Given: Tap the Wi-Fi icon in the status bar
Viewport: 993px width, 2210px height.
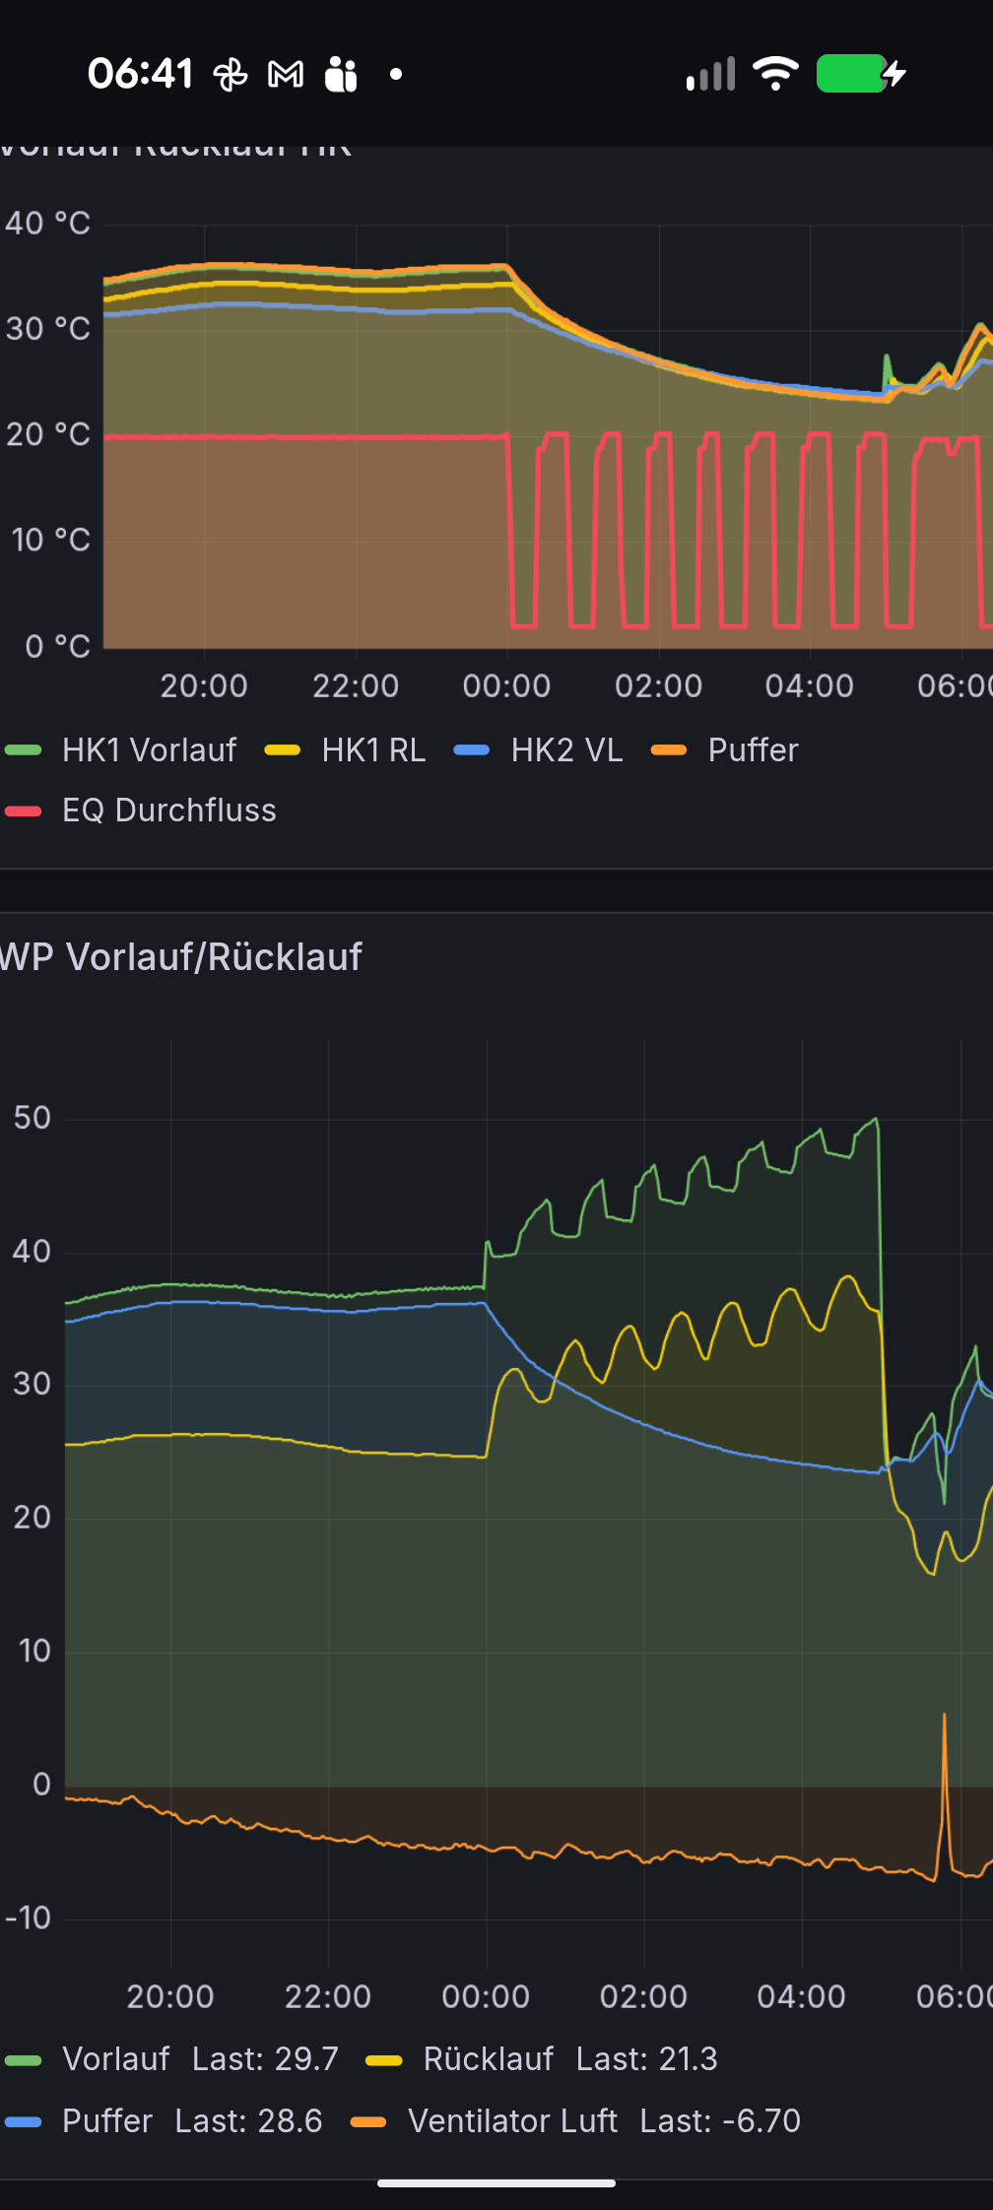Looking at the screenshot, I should point(775,73).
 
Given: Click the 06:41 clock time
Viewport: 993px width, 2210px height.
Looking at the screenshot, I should point(140,74).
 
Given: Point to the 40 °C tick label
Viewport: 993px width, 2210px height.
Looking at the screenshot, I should point(48,224).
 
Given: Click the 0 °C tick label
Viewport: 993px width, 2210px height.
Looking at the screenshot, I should point(58,646).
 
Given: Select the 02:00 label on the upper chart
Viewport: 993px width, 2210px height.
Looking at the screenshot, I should point(658,685).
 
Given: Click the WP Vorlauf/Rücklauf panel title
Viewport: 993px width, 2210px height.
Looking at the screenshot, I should point(181,957).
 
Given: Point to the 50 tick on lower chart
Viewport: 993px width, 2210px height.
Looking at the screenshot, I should point(33,1118).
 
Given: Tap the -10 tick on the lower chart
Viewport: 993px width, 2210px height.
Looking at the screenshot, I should point(29,1917).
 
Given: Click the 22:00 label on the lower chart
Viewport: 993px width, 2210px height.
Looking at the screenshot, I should point(328,1996).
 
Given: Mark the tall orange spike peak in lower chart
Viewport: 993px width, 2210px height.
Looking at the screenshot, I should point(944,1717).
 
